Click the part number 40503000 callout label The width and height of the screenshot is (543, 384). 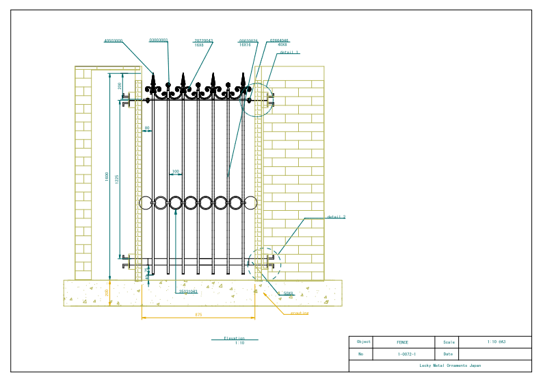pos(114,41)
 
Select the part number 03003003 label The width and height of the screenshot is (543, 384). pos(159,40)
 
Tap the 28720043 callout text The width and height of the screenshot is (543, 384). pos(203,41)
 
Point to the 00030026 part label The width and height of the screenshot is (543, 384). pos(248,41)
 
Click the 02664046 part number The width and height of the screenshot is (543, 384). pos(280,41)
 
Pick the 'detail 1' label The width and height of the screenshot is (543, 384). pos(289,52)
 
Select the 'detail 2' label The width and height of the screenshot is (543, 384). pos(336,217)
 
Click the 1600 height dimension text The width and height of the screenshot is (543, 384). pos(107,177)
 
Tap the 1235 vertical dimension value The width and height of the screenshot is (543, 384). pos(117,179)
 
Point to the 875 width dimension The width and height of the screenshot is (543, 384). pos(198,314)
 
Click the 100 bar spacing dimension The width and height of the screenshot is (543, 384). pos(176,171)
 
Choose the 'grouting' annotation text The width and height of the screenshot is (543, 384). pos(300,313)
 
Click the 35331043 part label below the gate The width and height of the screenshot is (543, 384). pos(188,292)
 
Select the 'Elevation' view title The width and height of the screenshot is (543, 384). pos(234,338)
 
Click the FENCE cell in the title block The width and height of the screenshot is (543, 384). pos(403,342)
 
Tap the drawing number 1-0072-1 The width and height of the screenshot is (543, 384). pos(407,355)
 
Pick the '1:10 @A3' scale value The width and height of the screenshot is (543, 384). pos(496,342)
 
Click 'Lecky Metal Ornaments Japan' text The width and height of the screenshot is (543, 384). pos(450,366)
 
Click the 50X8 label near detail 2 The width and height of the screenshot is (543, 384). pos(288,293)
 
